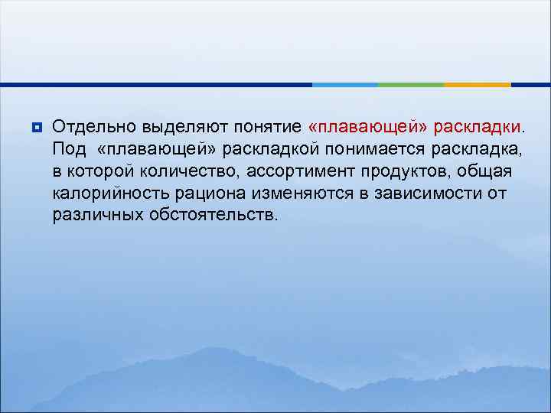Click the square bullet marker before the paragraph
[35, 125]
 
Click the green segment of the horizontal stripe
[411, 84]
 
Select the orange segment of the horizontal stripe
[478, 84]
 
